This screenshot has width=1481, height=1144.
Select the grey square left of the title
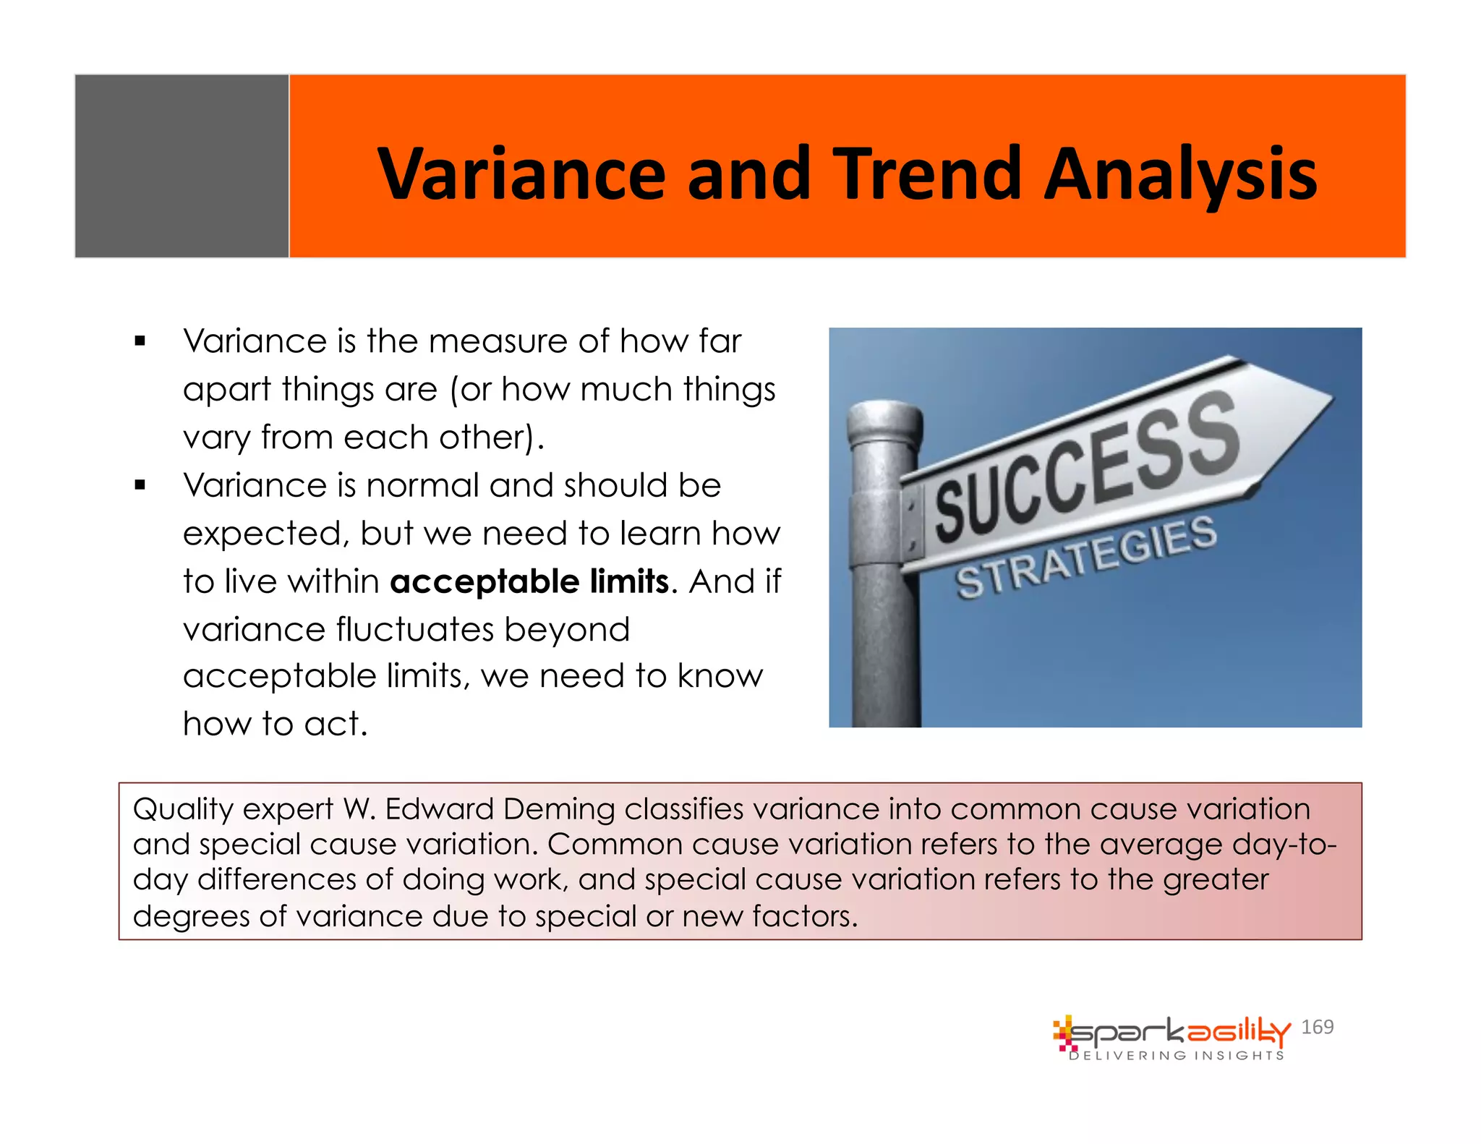[x=182, y=166]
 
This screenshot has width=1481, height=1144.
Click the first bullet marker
[x=140, y=341]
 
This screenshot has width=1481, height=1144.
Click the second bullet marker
[x=140, y=485]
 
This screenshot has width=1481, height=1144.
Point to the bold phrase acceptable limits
[x=529, y=581]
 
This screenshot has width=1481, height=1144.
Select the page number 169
[x=1317, y=1027]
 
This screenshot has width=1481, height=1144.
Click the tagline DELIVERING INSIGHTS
[x=1177, y=1056]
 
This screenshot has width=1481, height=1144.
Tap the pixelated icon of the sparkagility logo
[x=1064, y=1033]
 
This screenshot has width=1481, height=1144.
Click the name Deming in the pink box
[x=558, y=809]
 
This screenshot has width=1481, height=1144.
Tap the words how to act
[x=275, y=724]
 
